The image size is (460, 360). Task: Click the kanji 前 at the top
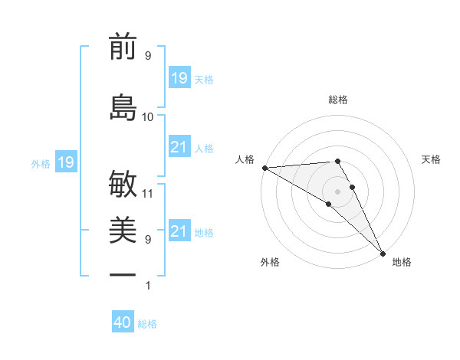point(123,47)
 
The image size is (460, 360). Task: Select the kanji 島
point(123,107)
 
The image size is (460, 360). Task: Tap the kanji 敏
point(123,183)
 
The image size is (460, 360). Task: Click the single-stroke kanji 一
point(123,273)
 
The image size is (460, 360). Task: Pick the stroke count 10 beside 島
point(148,116)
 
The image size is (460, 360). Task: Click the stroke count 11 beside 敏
point(148,193)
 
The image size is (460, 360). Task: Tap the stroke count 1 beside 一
point(148,286)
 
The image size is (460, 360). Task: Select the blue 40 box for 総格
point(123,323)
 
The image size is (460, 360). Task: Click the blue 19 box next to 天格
point(179,78)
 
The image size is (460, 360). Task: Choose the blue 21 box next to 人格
point(179,147)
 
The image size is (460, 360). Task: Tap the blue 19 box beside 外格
point(66,162)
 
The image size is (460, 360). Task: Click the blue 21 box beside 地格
point(179,231)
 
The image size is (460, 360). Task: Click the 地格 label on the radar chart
point(402,262)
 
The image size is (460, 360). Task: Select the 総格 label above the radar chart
point(338,100)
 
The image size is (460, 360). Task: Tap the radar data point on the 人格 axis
point(264,168)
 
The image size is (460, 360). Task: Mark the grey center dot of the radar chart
point(337,191)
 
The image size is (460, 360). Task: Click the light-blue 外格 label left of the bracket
point(40,163)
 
